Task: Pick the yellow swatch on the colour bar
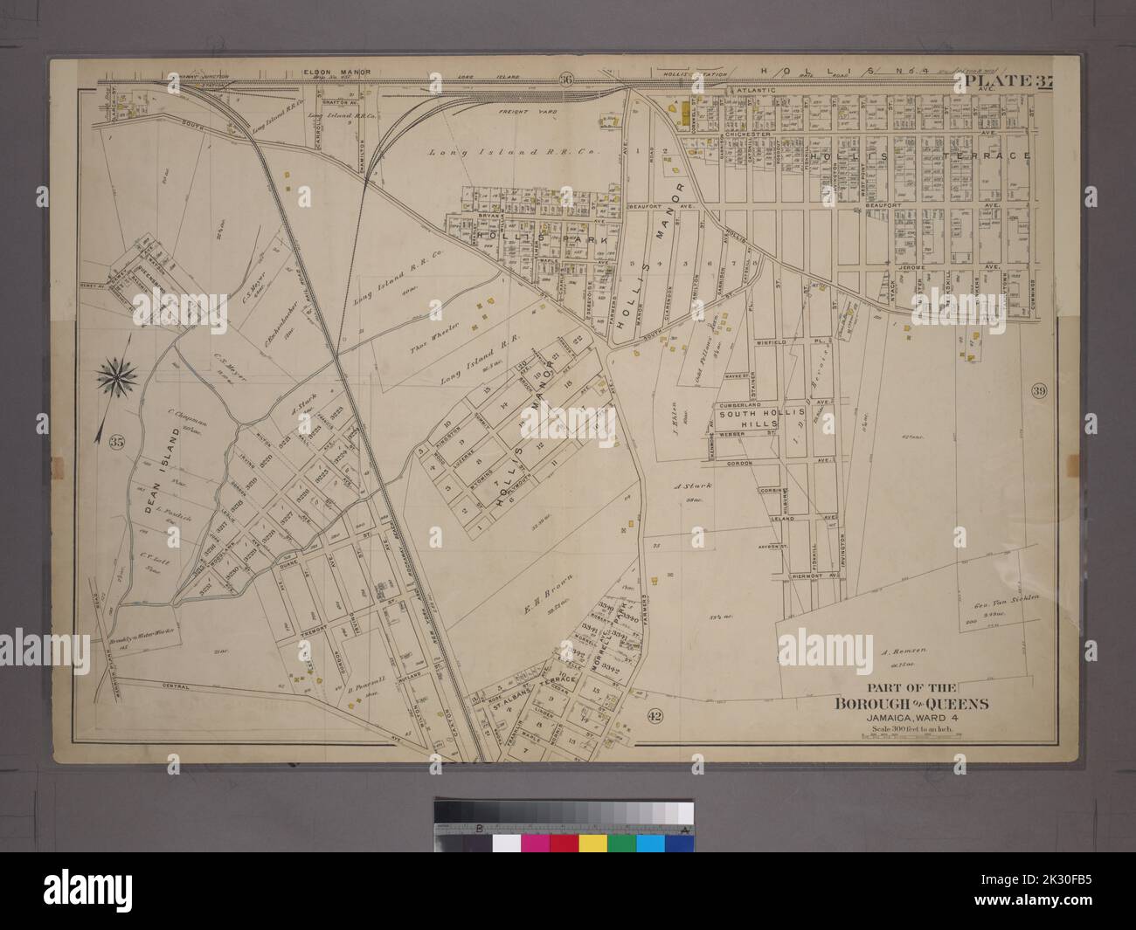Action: [593, 844]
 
